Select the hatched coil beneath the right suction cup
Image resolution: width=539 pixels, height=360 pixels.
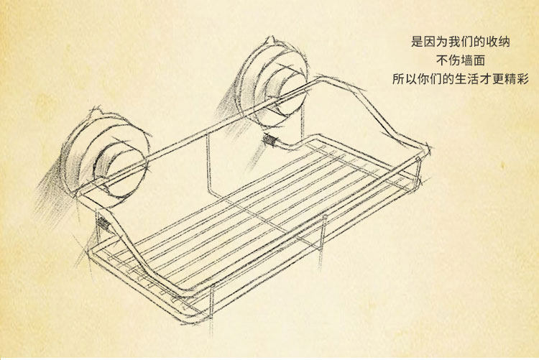271,141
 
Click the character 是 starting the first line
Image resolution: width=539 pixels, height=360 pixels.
416,42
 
